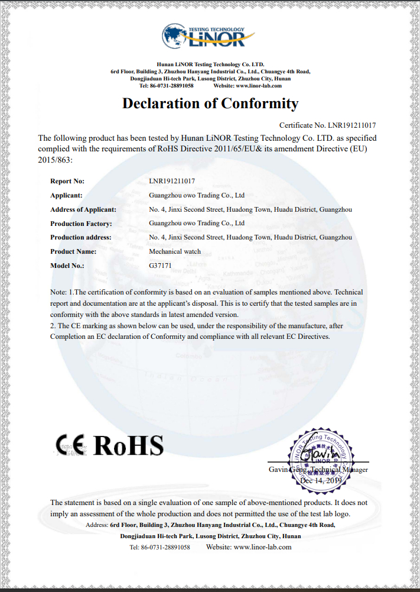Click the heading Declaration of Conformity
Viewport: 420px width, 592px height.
point(210,103)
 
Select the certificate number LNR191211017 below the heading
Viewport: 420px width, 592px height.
point(351,125)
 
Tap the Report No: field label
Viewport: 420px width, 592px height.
point(67,181)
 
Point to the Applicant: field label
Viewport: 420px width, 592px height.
point(66,195)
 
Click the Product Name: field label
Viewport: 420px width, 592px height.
point(73,251)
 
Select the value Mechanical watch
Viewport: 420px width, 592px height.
point(175,251)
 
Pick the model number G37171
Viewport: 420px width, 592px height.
point(160,266)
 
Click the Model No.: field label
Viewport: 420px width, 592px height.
point(67,266)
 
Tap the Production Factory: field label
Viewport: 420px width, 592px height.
point(81,224)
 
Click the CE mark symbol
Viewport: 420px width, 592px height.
point(70,445)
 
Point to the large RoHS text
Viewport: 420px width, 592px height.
point(129,445)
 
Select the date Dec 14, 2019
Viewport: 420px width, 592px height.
point(321,481)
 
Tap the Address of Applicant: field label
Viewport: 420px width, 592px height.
point(83,209)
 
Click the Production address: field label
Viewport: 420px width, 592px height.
point(81,238)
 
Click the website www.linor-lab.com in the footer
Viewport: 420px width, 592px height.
point(262,547)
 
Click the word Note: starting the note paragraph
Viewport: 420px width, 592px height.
point(58,292)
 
